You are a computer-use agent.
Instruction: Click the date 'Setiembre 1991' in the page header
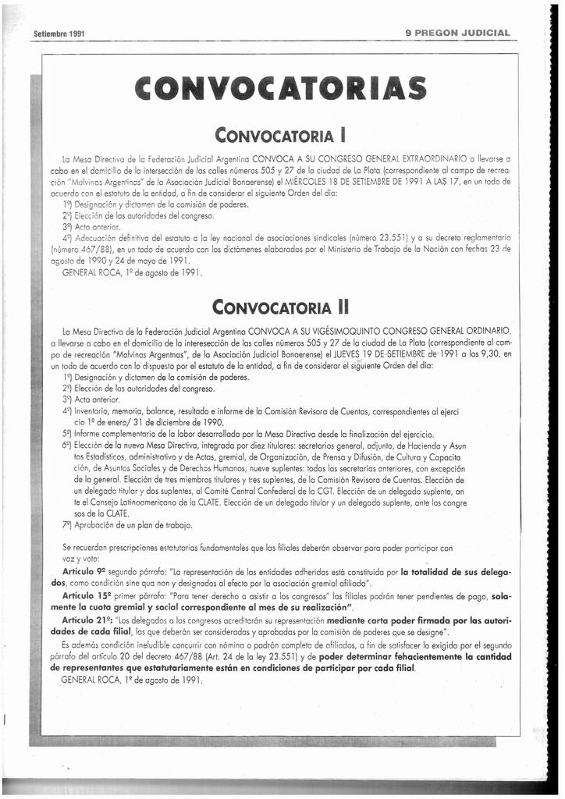(x=59, y=34)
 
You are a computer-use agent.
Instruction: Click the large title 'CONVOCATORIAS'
(x=281, y=88)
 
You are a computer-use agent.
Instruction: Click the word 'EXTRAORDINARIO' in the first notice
(x=433, y=158)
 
